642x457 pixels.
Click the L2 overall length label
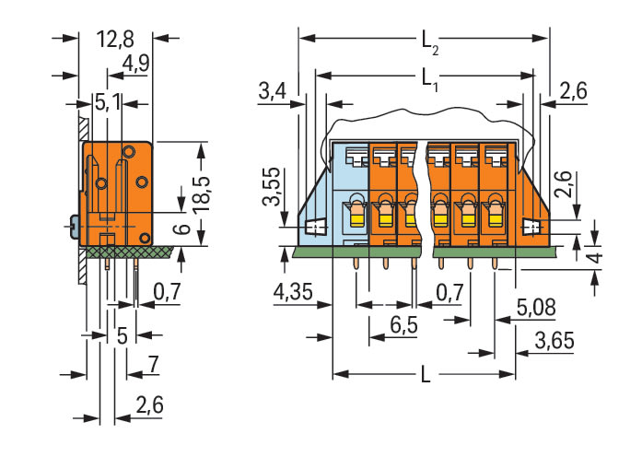click(428, 41)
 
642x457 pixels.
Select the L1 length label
click(428, 78)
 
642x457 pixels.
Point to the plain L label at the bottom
click(424, 377)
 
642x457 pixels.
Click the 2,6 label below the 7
click(150, 404)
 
